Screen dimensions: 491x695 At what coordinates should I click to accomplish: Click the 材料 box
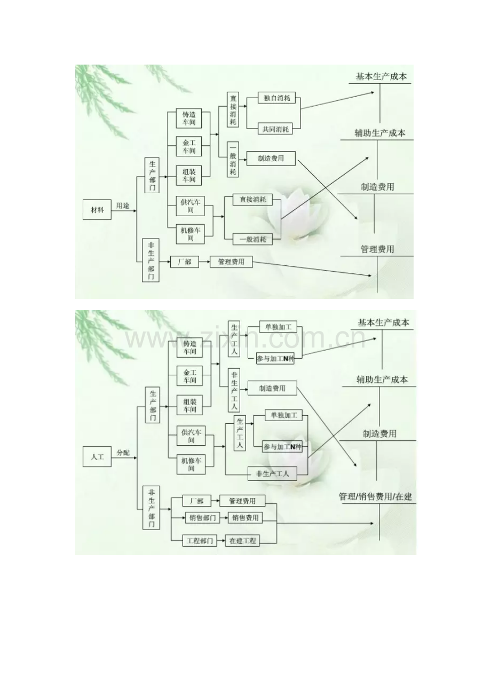pos(97,210)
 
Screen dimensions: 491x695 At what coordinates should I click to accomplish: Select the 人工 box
pos(97,456)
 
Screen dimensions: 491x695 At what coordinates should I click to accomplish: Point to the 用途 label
pos(123,206)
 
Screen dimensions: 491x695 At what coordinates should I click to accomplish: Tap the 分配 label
pos(123,452)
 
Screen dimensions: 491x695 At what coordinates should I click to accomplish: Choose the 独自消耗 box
pos(276,98)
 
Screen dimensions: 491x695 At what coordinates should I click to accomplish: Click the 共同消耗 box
pos(275,129)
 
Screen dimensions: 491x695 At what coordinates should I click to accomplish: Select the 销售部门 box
pos(203,518)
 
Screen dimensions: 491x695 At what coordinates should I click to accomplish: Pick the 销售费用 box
pos(245,518)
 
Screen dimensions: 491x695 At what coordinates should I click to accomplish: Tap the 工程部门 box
pos(200,541)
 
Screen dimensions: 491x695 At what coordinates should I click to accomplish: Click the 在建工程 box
pos(242,541)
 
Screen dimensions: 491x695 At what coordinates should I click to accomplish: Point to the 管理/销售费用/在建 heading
pos(375,496)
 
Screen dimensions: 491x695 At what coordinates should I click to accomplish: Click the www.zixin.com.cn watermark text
pos(245,339)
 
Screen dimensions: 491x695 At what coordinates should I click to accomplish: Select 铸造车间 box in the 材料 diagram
pos(189,118)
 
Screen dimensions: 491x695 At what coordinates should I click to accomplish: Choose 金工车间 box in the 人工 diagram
pos(189,376)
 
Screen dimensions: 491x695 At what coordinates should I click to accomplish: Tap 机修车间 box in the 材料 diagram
pos(190,234)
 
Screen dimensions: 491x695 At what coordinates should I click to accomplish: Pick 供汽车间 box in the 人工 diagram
pos(191,436)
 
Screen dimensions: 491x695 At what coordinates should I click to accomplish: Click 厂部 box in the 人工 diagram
pos(196,501)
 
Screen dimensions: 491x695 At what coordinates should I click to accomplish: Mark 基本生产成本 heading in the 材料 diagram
pos(381,76)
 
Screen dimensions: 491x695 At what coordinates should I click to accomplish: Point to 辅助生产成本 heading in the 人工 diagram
pos(382,379)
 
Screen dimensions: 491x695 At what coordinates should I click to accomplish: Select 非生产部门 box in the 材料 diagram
pos(151,260)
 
